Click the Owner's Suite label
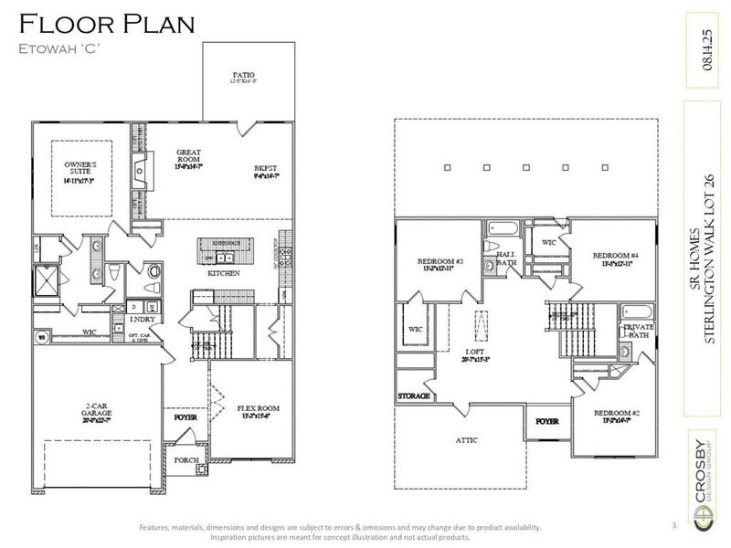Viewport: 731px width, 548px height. [80, 171]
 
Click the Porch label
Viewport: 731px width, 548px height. [186, 460]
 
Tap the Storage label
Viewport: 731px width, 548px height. [413, 397]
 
